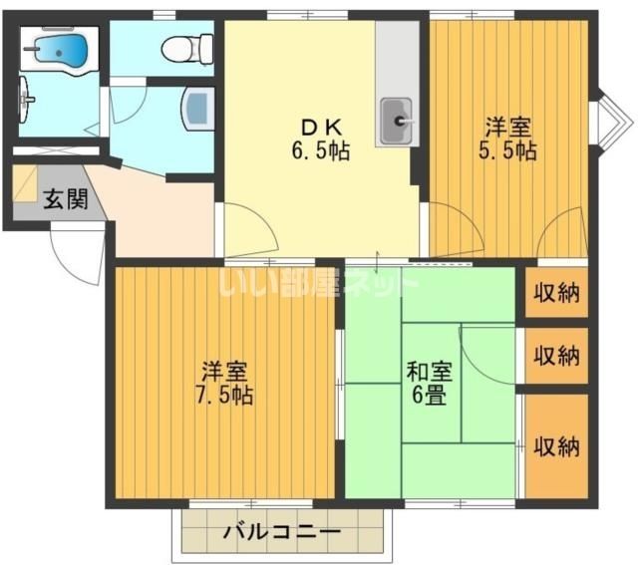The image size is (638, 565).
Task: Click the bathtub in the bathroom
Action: pos(60,49)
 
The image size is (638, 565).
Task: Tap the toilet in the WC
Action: pos(187,49)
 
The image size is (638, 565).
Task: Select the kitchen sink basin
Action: pos(397,120)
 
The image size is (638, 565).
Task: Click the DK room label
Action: pos(321,129)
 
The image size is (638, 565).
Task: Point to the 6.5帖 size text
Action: pos(321,151)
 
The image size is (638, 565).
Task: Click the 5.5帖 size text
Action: pos(507,150)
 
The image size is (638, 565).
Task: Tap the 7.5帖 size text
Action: pos(224,395)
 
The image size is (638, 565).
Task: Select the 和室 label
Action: pos(430,372)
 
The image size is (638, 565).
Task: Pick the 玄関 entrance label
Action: pos(66,199)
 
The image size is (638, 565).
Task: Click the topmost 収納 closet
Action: pos(556,292)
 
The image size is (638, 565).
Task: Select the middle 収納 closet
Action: pos(556,356)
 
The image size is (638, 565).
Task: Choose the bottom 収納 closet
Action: pos(556,445)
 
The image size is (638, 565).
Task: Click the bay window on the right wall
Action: pos(612,122)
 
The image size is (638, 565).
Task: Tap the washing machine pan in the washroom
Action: pos(198,110)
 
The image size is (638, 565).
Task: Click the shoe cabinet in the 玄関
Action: pos(25,183)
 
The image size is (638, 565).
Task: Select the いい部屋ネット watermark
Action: pos(318,282)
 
